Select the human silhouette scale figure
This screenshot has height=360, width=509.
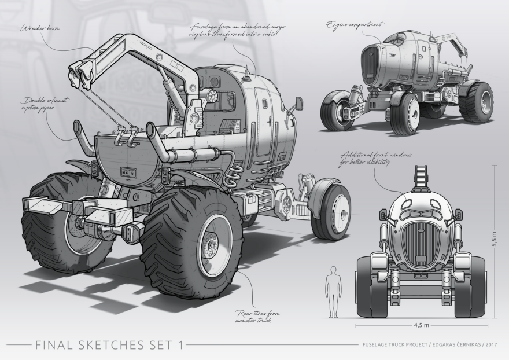pos(333,292)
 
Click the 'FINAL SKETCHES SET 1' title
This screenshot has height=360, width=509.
pos(109,346)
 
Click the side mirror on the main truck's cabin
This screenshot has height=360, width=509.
pos(300,104)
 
